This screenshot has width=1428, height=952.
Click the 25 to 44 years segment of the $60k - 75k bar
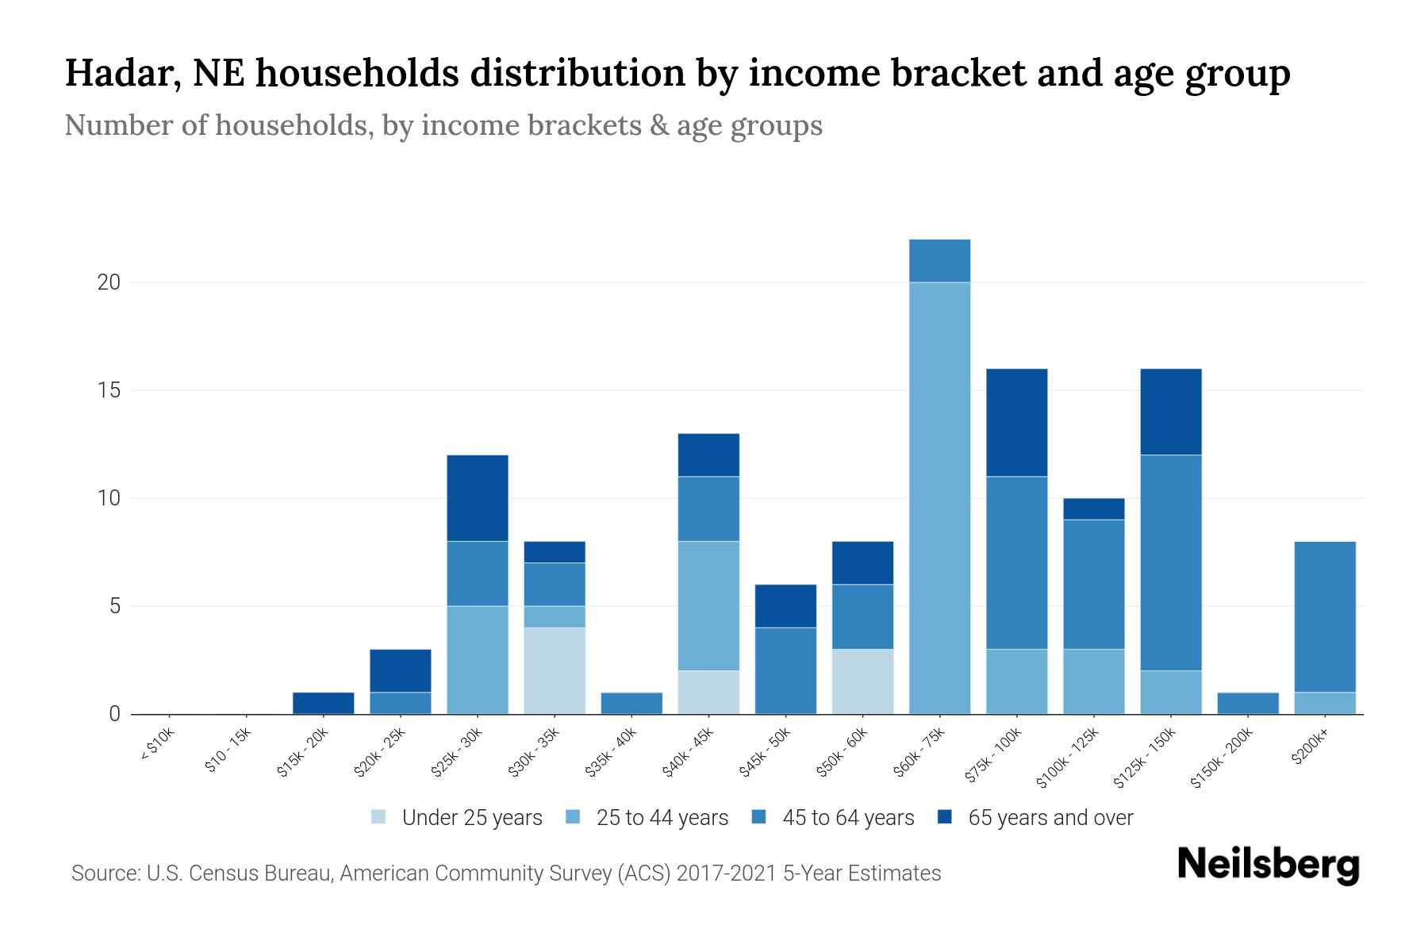click(939, 498)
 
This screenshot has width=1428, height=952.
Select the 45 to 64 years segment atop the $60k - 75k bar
click(939, 260)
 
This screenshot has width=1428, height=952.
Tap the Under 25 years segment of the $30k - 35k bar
click(555, 670)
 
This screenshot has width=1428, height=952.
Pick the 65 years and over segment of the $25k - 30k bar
click(478, 498)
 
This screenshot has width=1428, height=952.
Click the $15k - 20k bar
click(324, 703)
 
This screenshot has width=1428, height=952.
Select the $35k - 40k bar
click(631, 703)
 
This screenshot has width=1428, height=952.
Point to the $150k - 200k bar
click(1248, 703)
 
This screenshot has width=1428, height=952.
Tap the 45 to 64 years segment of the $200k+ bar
click(1325, 617)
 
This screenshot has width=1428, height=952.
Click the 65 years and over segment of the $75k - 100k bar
click(1016, 423)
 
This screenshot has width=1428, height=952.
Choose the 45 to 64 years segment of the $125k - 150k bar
click(1171, 562)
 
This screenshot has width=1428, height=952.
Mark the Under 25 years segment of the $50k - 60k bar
click(862, 681)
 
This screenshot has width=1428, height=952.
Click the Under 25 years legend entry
click(457, 818)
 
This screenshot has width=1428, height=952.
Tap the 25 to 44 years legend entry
click(647, 818)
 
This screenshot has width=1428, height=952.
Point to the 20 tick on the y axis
click(109, 282)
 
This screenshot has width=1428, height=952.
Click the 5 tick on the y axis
click(114, 606)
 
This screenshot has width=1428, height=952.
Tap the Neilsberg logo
click(1269, 866)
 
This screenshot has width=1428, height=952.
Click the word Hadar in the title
click(115, 73)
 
